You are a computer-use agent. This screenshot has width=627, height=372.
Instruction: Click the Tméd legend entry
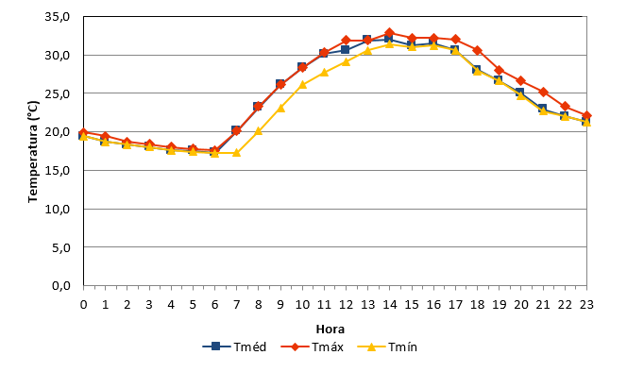point(234,347)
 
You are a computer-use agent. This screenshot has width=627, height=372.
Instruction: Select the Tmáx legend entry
point(313,347)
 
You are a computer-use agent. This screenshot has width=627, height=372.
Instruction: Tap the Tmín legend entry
point(387,347)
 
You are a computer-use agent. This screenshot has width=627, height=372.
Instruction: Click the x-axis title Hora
point(330,330)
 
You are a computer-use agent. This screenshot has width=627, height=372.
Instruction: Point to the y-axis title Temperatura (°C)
point(33,152)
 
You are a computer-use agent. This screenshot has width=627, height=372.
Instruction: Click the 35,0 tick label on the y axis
point(58,17)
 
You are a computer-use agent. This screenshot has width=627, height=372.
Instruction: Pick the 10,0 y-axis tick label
point(58,209)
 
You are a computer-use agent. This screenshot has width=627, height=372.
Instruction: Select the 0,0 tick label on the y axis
point(60,285)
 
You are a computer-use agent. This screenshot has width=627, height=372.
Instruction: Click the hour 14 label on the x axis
point(389,305)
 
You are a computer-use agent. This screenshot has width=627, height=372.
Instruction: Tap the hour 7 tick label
point(236,305)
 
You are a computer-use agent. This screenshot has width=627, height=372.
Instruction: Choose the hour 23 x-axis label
point(586,305)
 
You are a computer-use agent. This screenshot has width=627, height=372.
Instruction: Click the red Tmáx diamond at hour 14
point(389,33)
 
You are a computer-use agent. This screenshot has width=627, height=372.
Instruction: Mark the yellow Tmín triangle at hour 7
point(236,152)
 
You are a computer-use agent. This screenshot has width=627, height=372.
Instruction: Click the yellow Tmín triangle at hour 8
point(259,131)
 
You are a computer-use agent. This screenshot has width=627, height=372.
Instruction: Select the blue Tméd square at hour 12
point(346,50)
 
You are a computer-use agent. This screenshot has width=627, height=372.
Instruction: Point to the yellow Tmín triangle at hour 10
point(302,84)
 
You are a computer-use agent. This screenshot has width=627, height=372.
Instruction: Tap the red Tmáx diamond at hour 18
point(477,50)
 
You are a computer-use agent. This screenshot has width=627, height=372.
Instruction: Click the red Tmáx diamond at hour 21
point(543,92)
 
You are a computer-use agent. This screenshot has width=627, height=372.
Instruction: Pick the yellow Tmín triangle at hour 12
point(347,61)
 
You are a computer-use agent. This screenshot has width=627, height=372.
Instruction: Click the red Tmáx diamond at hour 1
point(105,136)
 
